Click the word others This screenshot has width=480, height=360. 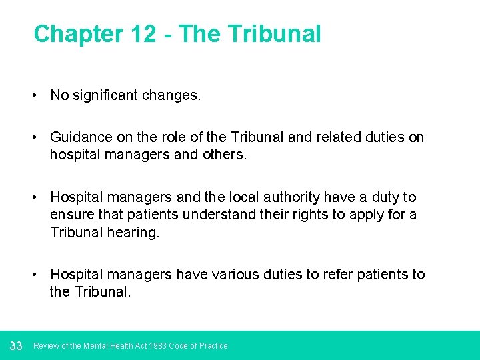[224, 155]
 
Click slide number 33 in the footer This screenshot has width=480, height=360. [17, 345]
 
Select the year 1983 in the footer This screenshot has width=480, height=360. [158, 346]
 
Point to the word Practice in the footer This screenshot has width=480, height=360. [213, 346]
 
